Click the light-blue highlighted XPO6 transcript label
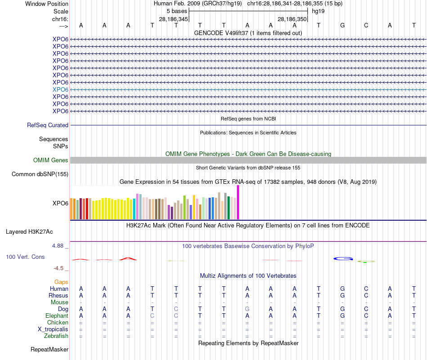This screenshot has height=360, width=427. [x=60, y=89]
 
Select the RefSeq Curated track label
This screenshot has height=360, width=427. [x=48, y=125]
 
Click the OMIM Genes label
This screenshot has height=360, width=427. [x=51, y=160]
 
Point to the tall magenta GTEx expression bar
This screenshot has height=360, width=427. [x=238, y=202]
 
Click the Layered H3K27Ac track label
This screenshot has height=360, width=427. [x=29, y=232]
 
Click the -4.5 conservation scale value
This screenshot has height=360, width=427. [x=59, y=268]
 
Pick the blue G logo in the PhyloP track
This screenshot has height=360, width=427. [x=343, y=258]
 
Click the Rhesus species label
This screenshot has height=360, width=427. [x=58, y=296]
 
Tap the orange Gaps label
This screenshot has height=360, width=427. [x=61, y=282]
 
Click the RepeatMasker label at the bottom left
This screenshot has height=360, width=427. [x=49, y=349]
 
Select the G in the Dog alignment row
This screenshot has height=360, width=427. [x=247, y=309]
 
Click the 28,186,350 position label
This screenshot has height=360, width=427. [x=292, y=19]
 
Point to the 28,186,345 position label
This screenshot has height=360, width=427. [x=173, y=19]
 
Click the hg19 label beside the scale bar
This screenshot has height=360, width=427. [x=318, y=11]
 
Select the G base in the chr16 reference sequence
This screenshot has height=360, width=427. [x=342, y=25]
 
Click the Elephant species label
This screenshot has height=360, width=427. [x=57, y=316]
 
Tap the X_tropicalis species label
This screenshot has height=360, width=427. [x=53, y=329]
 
